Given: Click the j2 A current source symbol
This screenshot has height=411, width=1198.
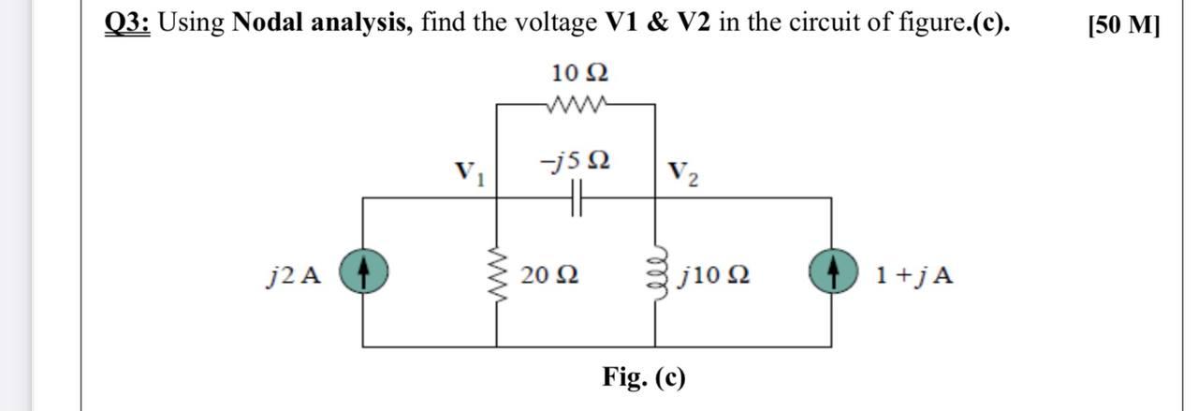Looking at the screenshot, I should pyautogui.click(x=363, y=273).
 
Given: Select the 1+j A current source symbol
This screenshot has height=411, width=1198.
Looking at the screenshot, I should pyautogui.click(x=831, y=273).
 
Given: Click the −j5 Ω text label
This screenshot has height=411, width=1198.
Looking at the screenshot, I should pyautogui.click(x=575, y=161).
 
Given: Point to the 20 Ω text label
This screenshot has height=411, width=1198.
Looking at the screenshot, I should pyautogui.click(x=549, y=275).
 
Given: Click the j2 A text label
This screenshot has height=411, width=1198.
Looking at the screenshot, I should pyautogui.click(x=294, y=275).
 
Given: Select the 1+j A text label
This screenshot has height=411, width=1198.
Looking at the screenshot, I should pyautogui.click(x=914, y=275).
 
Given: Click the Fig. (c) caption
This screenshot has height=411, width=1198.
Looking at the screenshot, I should pyautogui.click(x=644, y=377).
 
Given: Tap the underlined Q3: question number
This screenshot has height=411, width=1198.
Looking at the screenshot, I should pyautogui.click(x=127, y=22).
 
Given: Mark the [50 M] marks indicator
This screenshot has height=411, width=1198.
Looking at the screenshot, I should pyautogui.click(x=1123, y=24).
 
